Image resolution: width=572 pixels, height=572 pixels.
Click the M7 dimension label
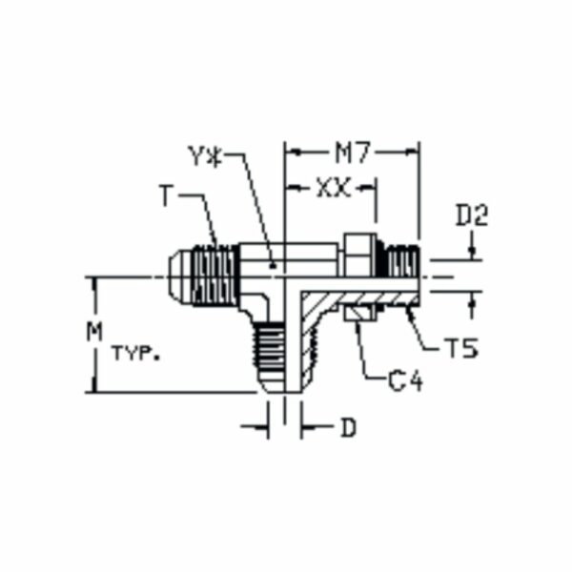click(x=352, y=152)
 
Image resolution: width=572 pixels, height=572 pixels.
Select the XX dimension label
click(x=332, y=189)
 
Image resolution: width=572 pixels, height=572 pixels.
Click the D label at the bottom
click(x=348, y=428)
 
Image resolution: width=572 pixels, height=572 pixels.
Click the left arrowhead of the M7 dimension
click(x=292, y=152)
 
